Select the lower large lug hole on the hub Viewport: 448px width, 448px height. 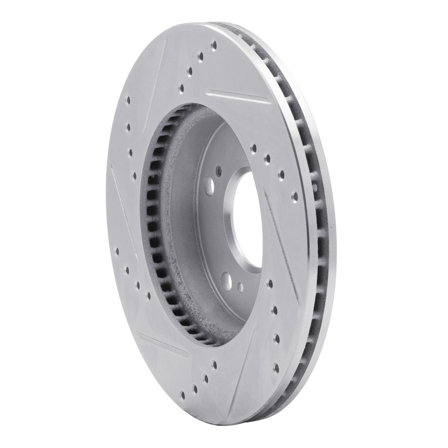pyautogui.click(x=226, y=278)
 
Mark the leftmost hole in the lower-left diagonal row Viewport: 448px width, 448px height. pyautogui.click(x=118, y=252)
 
